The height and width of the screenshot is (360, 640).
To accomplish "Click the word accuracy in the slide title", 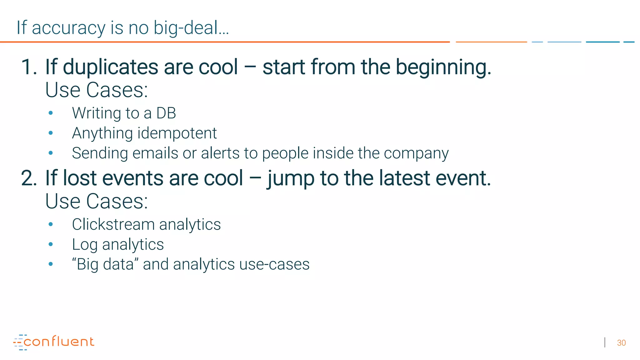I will [x=68, y=28].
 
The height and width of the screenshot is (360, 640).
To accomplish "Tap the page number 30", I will [x=621, y=343].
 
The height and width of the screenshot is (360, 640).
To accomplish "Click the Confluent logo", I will [x=54, y=342].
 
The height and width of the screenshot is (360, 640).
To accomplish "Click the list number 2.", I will [x=29, y=178].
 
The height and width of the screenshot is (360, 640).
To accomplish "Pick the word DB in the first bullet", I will [x=166, y=113].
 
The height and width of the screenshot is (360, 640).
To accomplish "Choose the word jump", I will [x=291, y=179].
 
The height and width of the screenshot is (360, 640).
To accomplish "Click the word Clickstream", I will [x=113, y=224].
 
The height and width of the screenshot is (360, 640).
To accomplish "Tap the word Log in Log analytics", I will [x=85, y=245].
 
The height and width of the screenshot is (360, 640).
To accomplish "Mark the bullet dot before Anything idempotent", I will [x=51, y=133].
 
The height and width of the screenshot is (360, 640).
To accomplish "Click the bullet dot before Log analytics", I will [x=51, y=244].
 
